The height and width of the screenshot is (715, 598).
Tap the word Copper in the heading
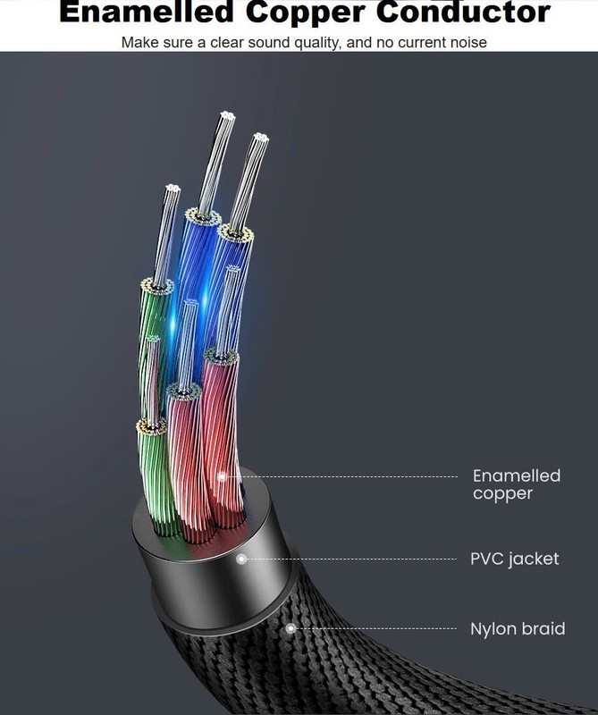[x=306, y=13]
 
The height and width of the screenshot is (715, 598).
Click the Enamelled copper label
[x=517, y=484]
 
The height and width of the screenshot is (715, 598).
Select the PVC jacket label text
[x=515, y=559]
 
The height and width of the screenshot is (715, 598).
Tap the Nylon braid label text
[x=518, y=628]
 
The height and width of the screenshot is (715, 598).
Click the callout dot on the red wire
[x=223, y=477]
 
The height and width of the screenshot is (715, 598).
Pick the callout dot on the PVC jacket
[x=241, y=559]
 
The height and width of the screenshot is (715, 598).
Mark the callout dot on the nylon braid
[x=291, y=629]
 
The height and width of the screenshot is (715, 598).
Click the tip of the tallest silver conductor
[x=227, y=114]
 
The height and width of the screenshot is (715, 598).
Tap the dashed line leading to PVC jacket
[x=351, y=559]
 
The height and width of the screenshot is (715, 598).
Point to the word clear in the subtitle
[x=228, y=42]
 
